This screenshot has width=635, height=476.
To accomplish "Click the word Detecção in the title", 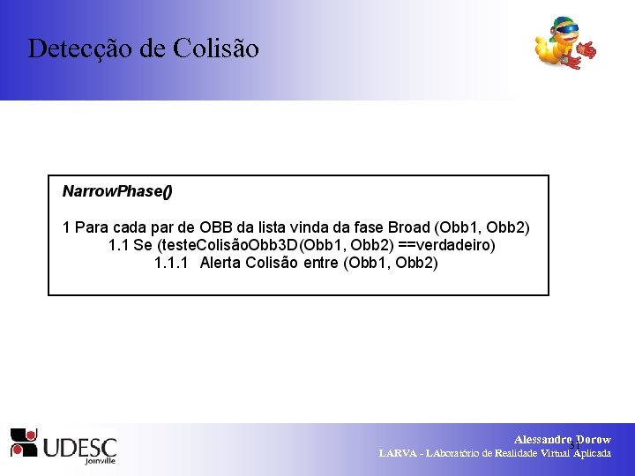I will (80, 48).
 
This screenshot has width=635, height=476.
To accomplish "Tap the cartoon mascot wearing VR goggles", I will (564, 43).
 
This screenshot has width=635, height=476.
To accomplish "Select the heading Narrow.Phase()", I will (117, 191).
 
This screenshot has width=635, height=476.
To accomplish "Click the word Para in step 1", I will (92, 227).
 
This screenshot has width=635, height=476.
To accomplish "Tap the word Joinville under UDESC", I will (101, 460).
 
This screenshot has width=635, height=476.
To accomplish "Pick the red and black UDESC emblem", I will (24, 443).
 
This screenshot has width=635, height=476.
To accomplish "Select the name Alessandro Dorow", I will (562, 439).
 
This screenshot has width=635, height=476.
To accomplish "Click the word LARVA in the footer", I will (399, 453).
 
